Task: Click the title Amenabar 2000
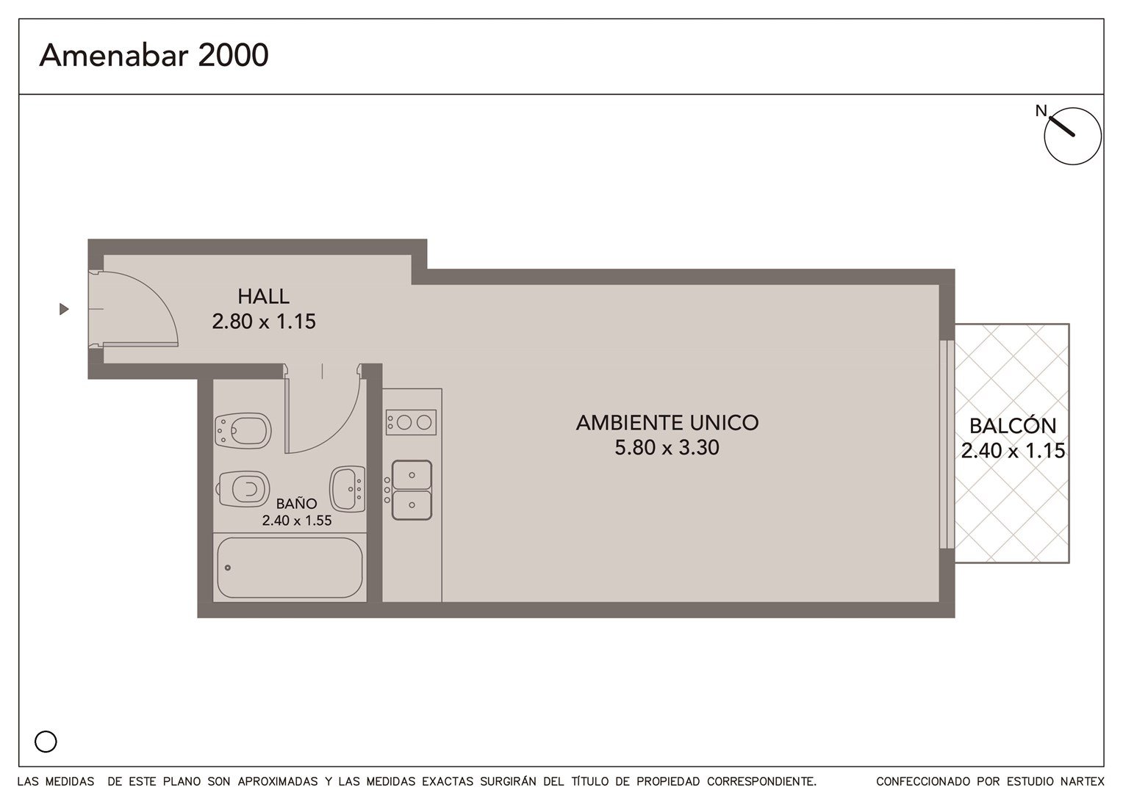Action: click(x=154, y=55)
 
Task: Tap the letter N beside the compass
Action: click(x=1041, y=110)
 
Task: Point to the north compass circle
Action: click(x=1073, y=137)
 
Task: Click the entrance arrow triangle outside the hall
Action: click(x=64, y=309)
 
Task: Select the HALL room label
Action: click(x=263, y=297)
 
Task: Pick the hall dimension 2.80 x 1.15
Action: click(x=264, y=322)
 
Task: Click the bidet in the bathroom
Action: click(x=243, y=431)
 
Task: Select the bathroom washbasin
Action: click(x=347, y=489)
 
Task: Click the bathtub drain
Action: click(x=228, y=568)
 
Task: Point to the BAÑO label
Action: click(x=296, y=504)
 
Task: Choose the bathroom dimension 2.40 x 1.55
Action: click(x=297, y=521)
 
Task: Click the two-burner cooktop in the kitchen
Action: click(x=411, y=422)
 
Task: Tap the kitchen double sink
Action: click(x=412, y=490)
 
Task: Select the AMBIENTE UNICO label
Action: click(x=667, y=423)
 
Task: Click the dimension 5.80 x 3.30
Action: click(x=667, y=447)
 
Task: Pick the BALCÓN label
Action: click(x=1013, y=426)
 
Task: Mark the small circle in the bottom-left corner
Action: click(x=46, y=742)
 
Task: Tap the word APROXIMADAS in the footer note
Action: click(x=278, y=781)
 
